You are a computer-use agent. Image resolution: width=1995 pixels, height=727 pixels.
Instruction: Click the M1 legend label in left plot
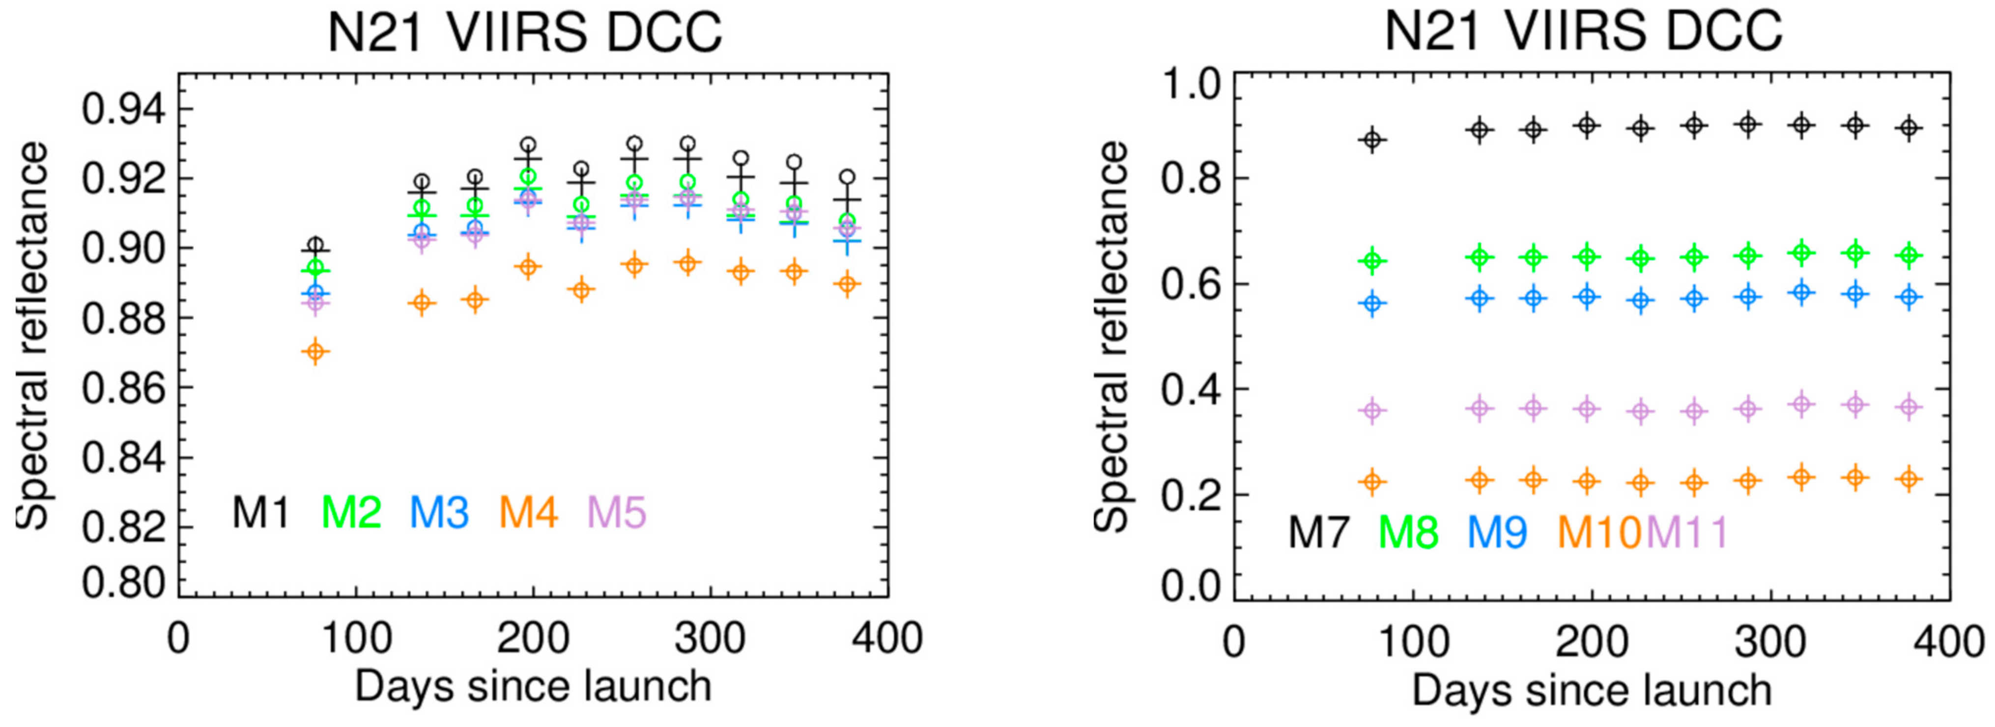click(261, 512)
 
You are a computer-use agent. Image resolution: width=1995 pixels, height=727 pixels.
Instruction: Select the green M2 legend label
click(351, 512)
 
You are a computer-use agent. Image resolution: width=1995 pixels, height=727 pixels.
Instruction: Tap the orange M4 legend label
click(528, 512)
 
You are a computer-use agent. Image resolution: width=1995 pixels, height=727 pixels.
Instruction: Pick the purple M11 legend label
click(1687, 532)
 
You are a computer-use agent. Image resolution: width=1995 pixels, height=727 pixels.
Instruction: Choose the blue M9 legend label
click(1496, 532)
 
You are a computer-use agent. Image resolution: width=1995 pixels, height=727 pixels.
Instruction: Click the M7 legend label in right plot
click(1318, 532)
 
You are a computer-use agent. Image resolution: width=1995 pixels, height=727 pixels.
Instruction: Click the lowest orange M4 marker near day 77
click(315, 352)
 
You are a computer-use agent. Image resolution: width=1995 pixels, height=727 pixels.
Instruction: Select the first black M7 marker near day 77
click(1372, 140)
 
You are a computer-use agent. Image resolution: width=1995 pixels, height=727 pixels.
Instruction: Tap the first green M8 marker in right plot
click(1372, 261)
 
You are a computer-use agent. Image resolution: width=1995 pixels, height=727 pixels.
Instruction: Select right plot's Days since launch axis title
click(1592, 690)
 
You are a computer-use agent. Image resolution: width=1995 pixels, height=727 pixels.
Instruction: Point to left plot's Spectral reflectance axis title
click(32, 335)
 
